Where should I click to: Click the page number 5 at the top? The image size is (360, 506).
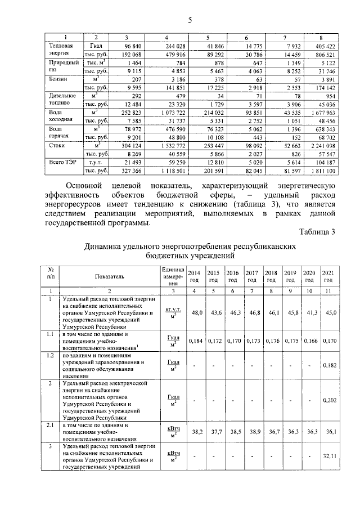[190, 21]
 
